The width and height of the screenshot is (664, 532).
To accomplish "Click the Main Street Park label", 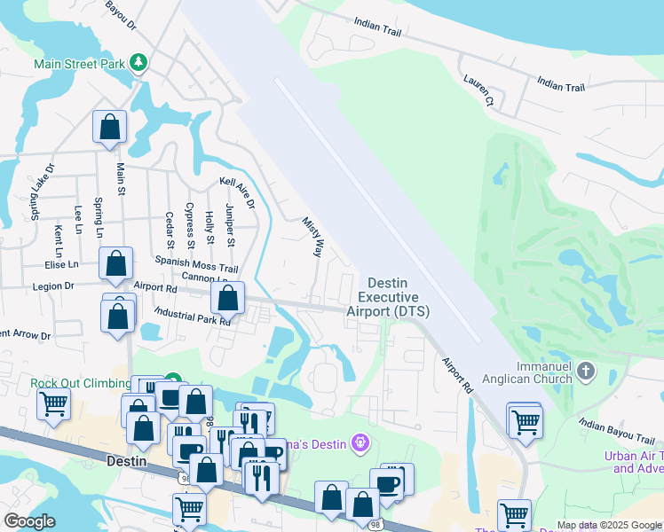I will (x=79, y=64).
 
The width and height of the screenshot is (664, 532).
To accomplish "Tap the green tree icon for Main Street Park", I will (x=138, y=62).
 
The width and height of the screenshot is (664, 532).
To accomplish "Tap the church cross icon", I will (x=585, y=369).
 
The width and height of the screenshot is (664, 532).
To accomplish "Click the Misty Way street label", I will (x=311, y=237).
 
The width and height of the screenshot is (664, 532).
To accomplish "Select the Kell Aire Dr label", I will (x=237, y=192).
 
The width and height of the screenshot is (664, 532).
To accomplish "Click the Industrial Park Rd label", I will (x=192, y=316).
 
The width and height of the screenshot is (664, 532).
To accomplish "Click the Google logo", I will (x=30, y=521).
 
